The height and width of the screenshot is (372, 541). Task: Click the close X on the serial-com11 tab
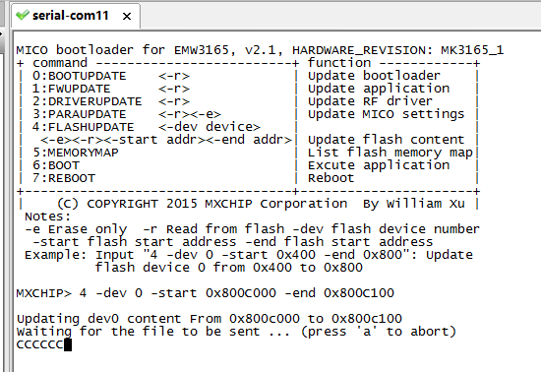(127, 16)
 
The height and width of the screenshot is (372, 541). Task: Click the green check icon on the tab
(23, 15)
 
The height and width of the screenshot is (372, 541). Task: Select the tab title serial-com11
(71, 16)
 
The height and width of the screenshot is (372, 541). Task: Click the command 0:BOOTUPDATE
(80, 76)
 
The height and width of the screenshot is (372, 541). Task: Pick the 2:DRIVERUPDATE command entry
(87, 101)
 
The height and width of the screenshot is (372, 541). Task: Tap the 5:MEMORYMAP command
(76, 153)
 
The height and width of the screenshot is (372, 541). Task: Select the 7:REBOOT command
(64, 178)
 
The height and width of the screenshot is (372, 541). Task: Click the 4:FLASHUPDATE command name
(84, 127)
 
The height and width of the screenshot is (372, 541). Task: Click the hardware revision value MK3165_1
(472, 50)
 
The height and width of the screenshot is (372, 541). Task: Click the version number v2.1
(264, 50)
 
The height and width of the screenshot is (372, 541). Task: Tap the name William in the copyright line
(414, 204)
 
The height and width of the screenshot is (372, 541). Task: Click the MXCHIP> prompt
(44, 293)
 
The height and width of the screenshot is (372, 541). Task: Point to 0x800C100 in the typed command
(359, 293)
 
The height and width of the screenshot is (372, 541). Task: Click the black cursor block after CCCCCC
(68, 344)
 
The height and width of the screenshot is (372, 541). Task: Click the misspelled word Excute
(331, 165)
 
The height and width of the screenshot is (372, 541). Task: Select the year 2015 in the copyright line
(182, 204)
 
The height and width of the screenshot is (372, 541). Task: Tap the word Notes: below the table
(47, 217)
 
